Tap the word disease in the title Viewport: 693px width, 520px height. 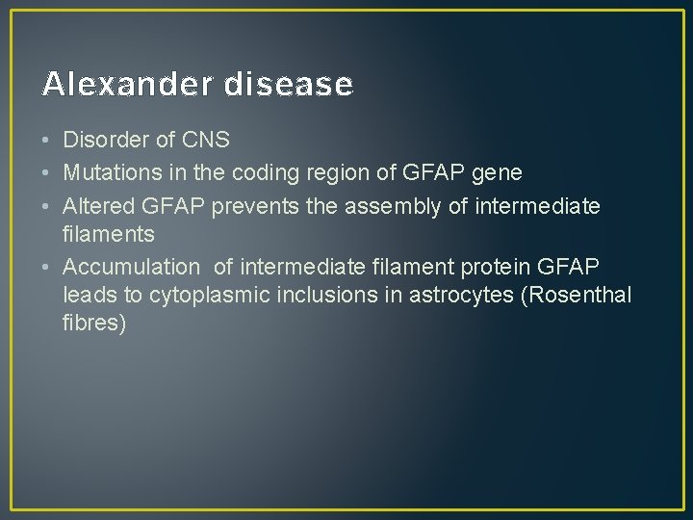288,85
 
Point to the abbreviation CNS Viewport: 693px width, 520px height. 205,141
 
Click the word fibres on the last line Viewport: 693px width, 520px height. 94,324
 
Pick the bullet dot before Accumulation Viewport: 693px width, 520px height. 47,265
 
